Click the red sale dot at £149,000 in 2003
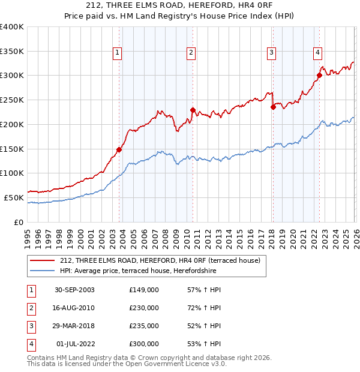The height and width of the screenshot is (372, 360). coord(119,149)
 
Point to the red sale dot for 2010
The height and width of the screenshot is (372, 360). coord(193,110)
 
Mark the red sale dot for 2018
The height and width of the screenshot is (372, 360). coord(273,107)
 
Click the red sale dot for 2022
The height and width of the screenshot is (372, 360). coord(319,76)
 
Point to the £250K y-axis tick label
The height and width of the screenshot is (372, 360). coord(12,100)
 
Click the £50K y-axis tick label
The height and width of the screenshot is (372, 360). coord(14,197)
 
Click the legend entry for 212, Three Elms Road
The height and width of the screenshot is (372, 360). coord(160,260)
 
